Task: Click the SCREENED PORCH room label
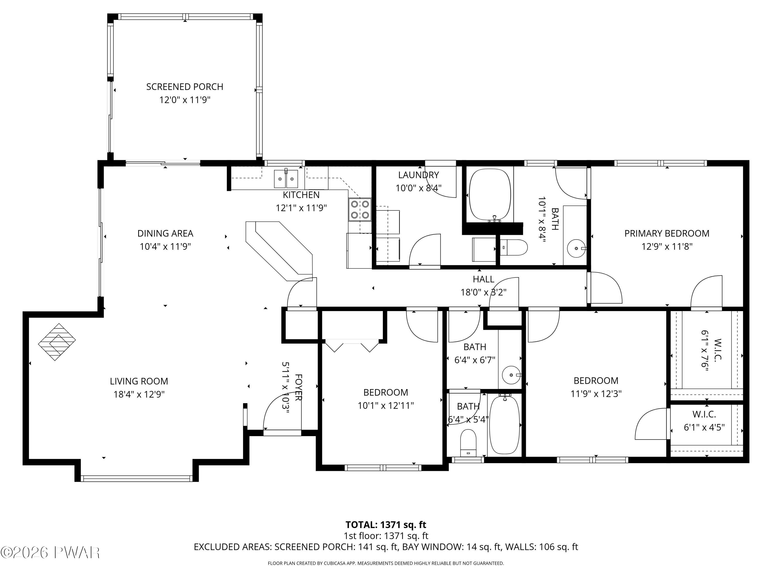[x=185, y=86]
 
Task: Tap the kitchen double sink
[x=286, y=179]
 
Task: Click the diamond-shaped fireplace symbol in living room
[x=57, y=342]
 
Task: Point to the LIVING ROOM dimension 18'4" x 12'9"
[x=139, y=394]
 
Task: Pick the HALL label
[x=483, y=279]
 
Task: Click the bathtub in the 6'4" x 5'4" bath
[x=505, y=425]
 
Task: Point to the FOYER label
[x=299, y=387]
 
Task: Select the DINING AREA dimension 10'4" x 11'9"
[x=165, y=247]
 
